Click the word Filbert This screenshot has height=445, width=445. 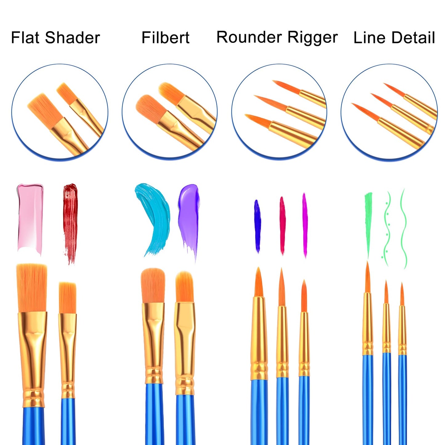coord(165,38)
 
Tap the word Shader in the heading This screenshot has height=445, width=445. coord(72,38)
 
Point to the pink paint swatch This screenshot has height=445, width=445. coord(30,219)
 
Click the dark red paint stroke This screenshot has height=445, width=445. coord(70,223)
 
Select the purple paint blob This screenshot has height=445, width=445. coord(189,222)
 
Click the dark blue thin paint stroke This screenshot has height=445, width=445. coord(257,226)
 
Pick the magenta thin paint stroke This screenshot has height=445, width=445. coord(305,225)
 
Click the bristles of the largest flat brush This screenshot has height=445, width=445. coord(32,288)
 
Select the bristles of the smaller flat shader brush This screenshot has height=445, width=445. coord(67,297)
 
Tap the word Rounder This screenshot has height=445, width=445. coord(249,37)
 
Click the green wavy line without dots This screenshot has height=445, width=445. coord(403,229)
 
